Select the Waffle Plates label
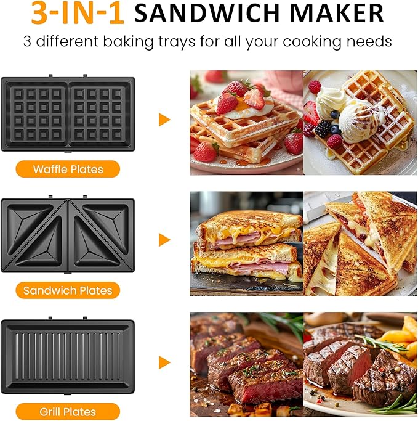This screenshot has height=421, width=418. point(68,169)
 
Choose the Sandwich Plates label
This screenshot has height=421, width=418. point(68,290)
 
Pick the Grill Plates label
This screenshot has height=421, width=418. point(68,411)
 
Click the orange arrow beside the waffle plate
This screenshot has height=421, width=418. point(164,120)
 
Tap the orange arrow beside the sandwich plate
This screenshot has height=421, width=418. point(164,240)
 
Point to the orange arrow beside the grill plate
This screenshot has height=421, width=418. point(164,362)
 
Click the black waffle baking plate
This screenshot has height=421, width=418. point(68,113)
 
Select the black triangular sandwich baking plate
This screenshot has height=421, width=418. point(68,235)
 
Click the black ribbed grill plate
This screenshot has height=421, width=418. point(68,357)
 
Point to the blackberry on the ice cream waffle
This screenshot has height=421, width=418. point(323,129)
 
